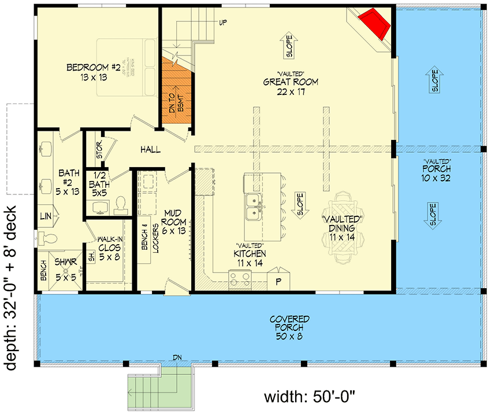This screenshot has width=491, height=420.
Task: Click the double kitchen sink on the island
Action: point(254,207)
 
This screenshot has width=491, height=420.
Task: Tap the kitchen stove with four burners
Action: point(240,281)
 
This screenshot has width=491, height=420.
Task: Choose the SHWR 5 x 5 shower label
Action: point(65,267)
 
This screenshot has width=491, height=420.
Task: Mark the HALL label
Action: point(150,150)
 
